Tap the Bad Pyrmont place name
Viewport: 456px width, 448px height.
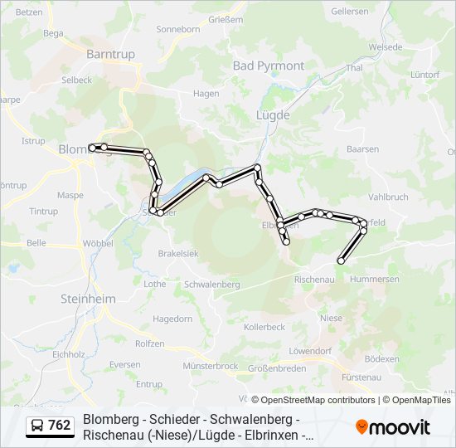[x=268, y=66]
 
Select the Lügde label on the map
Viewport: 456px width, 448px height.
[x=273, y=115]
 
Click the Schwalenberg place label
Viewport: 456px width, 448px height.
[x=213, y=284]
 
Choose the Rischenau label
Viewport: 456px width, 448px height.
[x=314, y=280]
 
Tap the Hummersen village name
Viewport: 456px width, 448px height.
[x=375, y=280]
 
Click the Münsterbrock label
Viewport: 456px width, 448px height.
[x=211, y=366]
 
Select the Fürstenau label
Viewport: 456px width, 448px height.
[x=361, y=377]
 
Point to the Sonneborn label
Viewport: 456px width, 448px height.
[x=177, y=29]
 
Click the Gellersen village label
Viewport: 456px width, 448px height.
[x=349, y=12]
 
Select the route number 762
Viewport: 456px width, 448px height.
[x=60, y=426]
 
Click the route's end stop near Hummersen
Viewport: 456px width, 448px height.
[x=341, y=261]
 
